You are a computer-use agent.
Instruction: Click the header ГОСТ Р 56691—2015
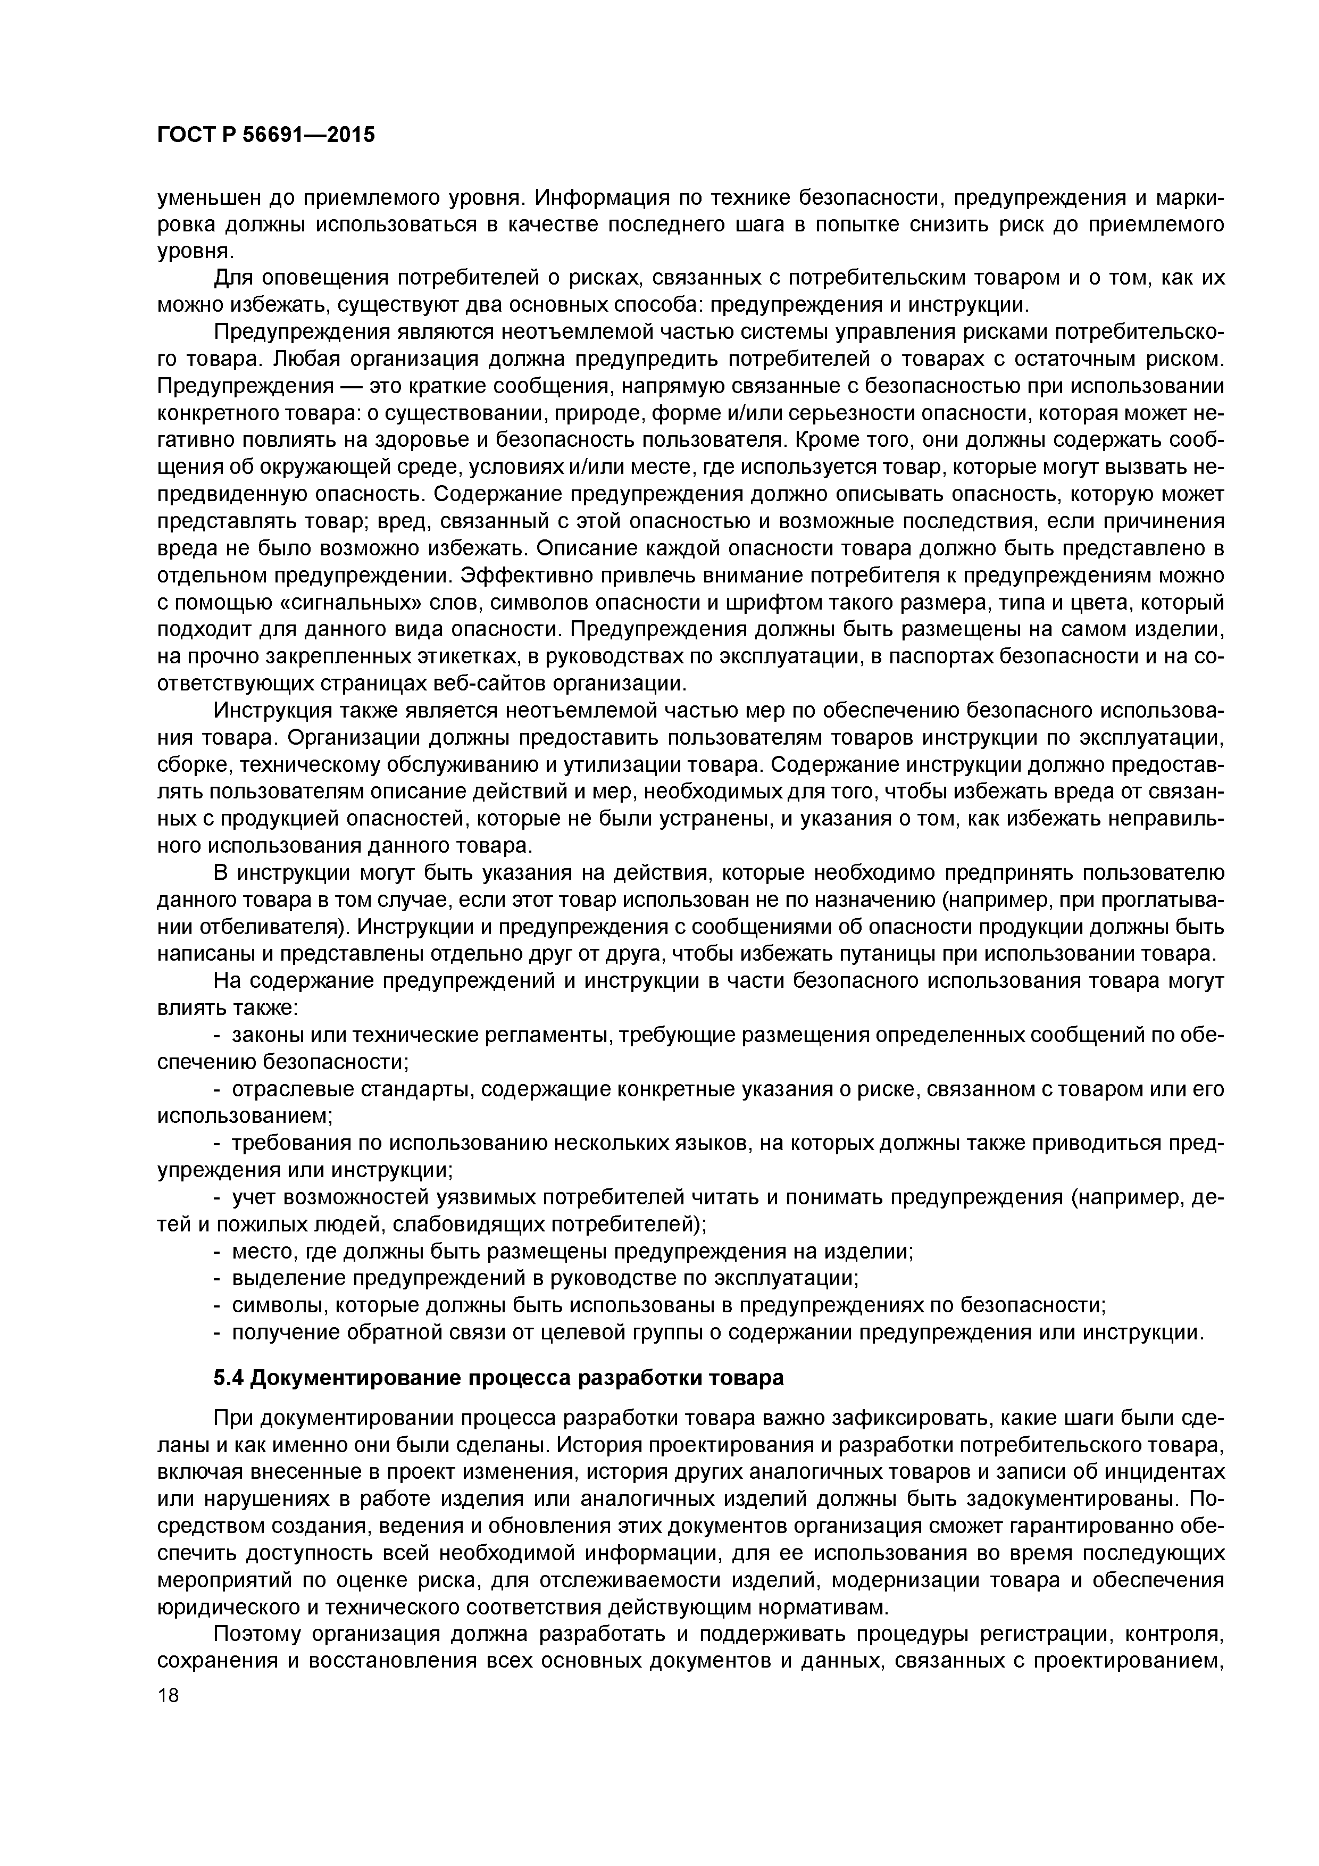click(266, 136)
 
